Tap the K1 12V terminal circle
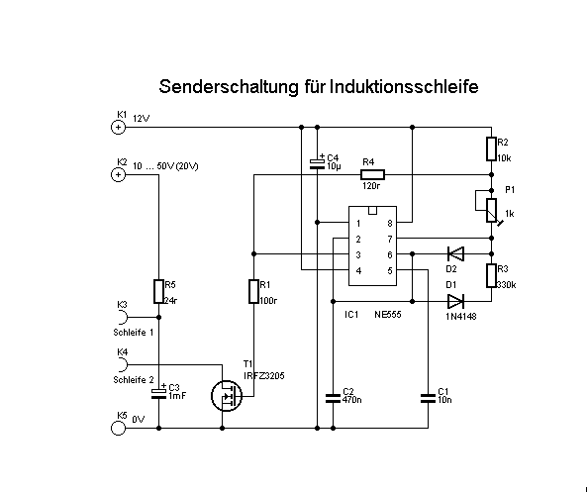119,127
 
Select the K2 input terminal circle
119,174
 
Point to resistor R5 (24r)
158,291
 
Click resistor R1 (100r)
253,291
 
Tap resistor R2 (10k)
491,149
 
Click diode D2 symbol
455,253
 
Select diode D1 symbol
455,300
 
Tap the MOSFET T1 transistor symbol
229,397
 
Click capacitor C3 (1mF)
158,393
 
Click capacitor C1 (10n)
427,398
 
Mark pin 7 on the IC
389,240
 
